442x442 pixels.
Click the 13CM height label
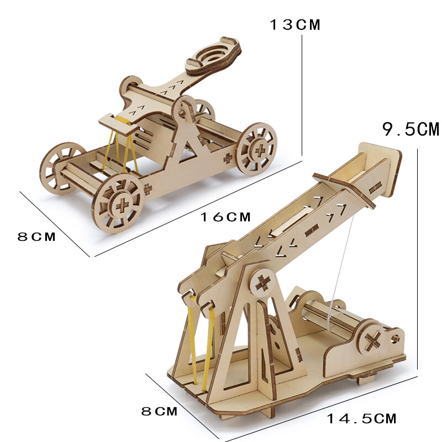295,24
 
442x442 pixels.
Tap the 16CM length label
225,217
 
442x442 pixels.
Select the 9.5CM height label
411,129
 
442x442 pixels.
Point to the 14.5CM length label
362,418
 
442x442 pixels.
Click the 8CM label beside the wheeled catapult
36,236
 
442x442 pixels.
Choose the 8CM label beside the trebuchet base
159,411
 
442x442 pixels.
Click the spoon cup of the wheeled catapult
213,56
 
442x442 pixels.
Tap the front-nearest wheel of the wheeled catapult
118,203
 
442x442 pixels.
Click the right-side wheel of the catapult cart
257,149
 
